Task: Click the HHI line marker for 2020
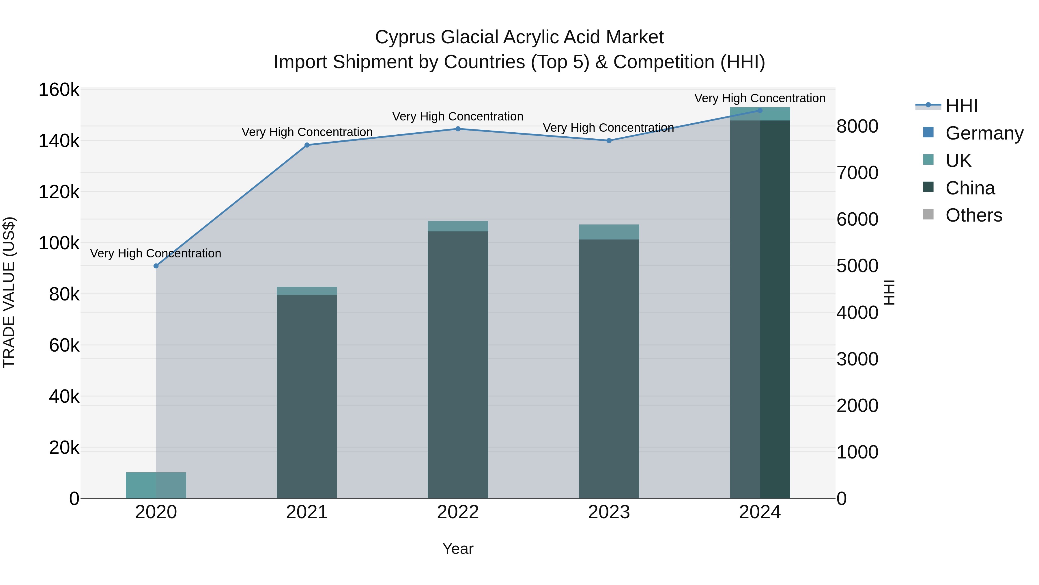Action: pos(156,266)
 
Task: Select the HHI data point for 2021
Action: pos(307,145)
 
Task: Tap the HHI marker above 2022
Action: pos(458,129)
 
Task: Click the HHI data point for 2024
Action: pos(760,111)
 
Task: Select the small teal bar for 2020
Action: pos(156,485)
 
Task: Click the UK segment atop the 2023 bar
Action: pos(609,232)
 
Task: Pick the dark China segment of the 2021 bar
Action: pos(307,396)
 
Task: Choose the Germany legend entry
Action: pos(984,133)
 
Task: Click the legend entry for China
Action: pos(970,188)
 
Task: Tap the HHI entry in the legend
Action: pos(962,106)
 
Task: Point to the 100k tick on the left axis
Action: pos(59,244)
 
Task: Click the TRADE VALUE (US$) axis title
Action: pos(9,292)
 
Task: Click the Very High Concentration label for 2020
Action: pos(156,254)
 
